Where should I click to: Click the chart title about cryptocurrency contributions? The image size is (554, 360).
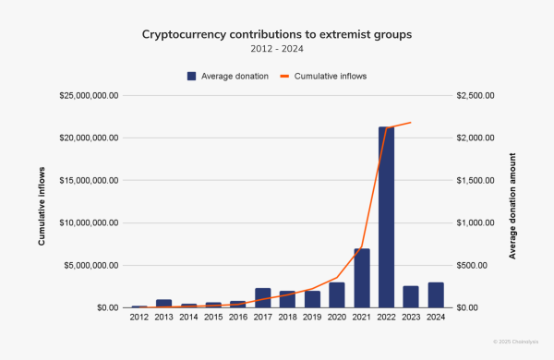click(x=276, y=34)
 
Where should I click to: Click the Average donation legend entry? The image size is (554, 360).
click(x=228, y=76)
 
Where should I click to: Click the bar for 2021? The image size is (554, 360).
click(x=362, y=278)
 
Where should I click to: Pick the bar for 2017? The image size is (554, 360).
click(x=263, y=297)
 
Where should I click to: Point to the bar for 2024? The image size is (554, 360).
click(x=436, y=294)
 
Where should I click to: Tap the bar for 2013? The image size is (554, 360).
click(x=163, y=303)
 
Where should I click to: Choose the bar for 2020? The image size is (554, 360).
click(x=337, y=294)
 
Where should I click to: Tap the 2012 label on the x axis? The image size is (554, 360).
click(x=139, y=317)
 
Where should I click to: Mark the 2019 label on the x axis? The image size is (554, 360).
click(x=312, y=317)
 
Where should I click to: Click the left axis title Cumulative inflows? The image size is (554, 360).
click(x=42, y=201)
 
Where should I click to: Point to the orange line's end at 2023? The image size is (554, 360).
click(x=411, y=122)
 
